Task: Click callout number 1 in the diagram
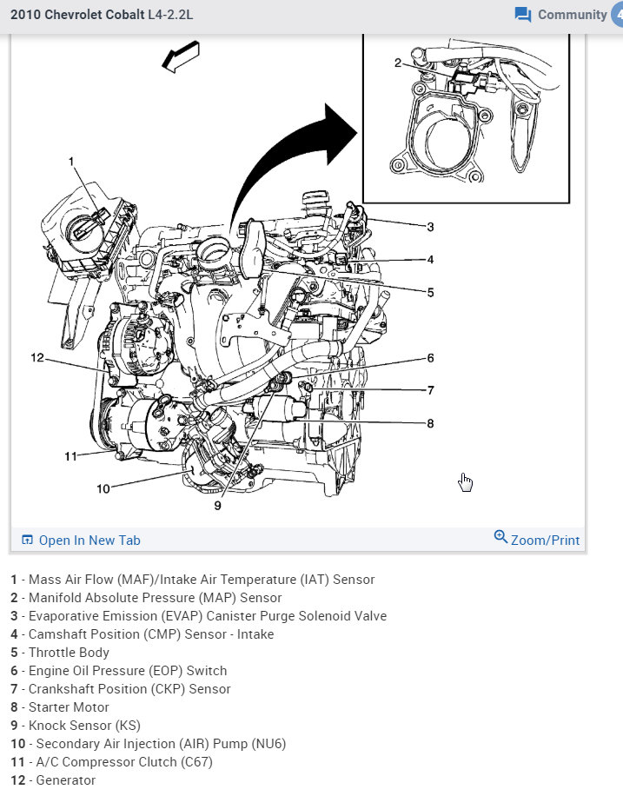click(71, 162)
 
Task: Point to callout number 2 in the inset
click(397, 63)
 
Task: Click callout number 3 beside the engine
click(429, 228)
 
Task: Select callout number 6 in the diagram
click(429, 358)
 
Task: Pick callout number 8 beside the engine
click(429, 424)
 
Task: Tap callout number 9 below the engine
click(217, 505)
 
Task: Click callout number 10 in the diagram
click(103, 489)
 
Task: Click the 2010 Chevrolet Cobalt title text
click(102, 15)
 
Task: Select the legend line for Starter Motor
click(60, 707)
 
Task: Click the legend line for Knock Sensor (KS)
click(75, 726)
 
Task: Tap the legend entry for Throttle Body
click(60, 653)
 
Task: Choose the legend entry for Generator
click(53, 780)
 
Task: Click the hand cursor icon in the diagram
click(466, 482)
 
